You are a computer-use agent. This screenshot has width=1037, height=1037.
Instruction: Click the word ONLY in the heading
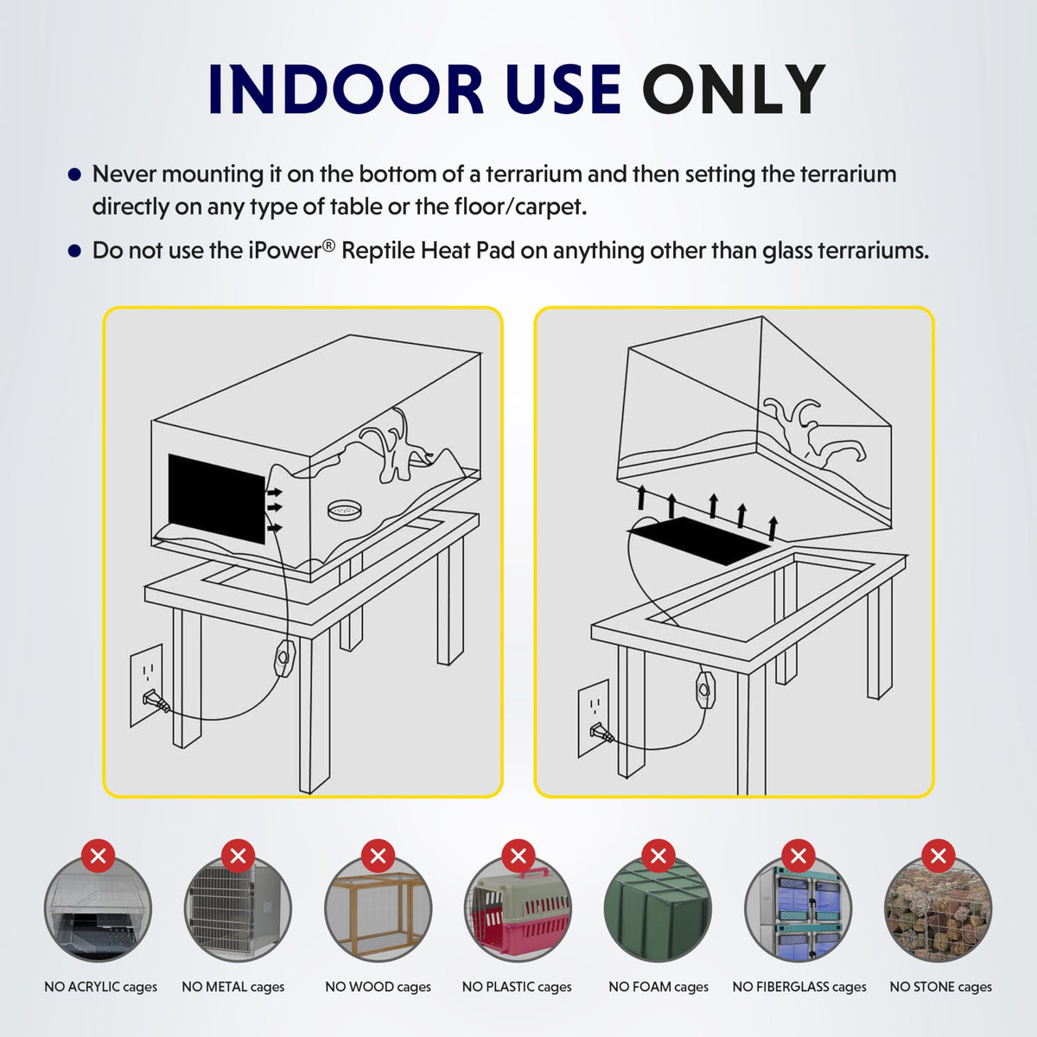(x=733, y=89)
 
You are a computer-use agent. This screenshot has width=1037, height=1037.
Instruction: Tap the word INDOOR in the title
(x=346, y=89)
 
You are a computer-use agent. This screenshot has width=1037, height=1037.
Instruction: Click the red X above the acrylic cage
(x=98, y=856)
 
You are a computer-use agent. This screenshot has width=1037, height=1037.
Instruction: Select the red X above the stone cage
(x=938, y=856)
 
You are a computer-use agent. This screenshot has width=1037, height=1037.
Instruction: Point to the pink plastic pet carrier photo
(x=518, y=909)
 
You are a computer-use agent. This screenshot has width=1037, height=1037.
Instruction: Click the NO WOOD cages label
(x=378, y=986)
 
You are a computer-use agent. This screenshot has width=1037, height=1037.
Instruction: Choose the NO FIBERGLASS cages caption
(x=799, y=986)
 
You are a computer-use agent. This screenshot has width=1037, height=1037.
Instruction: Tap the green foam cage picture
(x=658, y=909)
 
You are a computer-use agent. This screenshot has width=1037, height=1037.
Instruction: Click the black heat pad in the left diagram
(x=217, y=499)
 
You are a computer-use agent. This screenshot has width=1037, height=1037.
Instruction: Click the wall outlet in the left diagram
(x=146, y=685)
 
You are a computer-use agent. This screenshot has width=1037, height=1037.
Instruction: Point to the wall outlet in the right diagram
(x=594, y=718)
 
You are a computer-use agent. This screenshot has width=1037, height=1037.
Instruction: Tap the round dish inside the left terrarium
(x=345, y=508)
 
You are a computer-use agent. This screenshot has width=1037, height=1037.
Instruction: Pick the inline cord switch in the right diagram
(x=705, y=689)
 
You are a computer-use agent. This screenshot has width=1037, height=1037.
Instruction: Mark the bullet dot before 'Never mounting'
(x=75, y=175)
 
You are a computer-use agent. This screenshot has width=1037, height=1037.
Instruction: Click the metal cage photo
(x=238, y=909)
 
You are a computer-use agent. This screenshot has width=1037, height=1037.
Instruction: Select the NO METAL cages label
(x=233, y=986)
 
